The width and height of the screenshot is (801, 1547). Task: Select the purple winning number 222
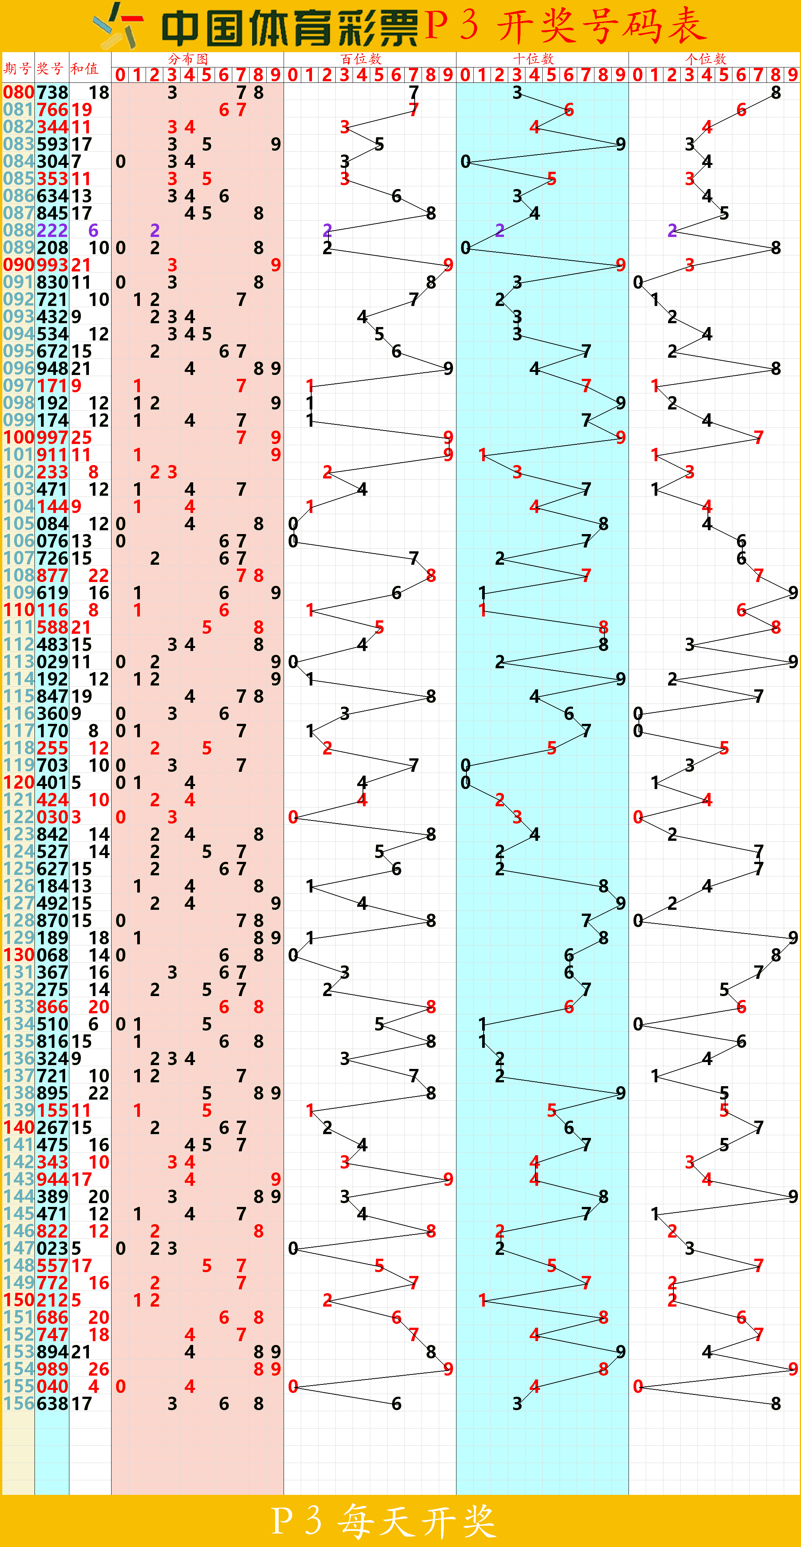tap(52, 230)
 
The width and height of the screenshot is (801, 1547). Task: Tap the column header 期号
tap(17, 69)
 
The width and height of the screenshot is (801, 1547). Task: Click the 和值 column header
tap(85, 69)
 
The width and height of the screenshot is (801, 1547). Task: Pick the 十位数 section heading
tap(533, 59)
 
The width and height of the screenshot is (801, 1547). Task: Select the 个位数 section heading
tap(706, 59)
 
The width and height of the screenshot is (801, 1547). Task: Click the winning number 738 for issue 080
tap(52, 92)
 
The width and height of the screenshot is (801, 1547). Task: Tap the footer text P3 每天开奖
tap(384, 1520)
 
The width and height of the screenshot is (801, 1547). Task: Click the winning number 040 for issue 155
tap(52, 1387)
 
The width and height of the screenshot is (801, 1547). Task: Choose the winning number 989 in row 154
tap(52, 1369)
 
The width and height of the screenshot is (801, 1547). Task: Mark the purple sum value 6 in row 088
tap(93, 230)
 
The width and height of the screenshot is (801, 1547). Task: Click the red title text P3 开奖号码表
tap(565, 26)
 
